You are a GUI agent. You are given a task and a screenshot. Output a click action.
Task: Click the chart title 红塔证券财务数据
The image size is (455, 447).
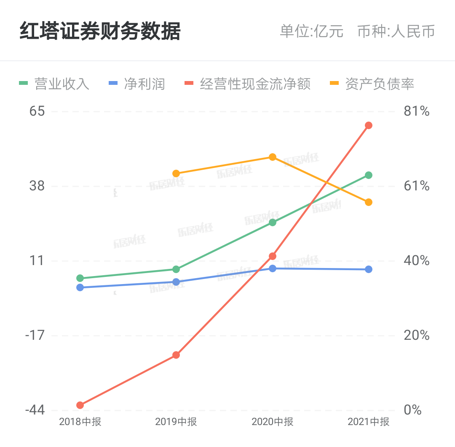[x=100, y=32]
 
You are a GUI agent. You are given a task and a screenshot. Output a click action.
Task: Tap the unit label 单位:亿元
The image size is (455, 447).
[x=312, y=32]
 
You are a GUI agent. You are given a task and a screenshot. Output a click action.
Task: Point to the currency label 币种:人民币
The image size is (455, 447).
[x=396, y=32]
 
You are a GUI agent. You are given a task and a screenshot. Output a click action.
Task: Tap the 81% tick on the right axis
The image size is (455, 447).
[x=416, y=111]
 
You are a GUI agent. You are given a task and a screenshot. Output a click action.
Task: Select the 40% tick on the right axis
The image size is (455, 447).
[x=416, y=260]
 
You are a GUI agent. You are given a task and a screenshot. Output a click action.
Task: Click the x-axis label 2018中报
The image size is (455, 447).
[x=80, y=422]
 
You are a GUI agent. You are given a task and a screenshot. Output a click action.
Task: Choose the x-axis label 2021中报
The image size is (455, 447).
[x=369, y=422]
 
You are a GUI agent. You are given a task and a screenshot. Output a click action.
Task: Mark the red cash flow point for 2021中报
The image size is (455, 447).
[x=369, y=125]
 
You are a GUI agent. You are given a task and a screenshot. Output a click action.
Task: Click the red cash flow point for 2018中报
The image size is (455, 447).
[x=80, y=405]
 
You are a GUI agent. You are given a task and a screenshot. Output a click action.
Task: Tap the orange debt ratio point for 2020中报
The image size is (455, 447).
[x=273, y=157]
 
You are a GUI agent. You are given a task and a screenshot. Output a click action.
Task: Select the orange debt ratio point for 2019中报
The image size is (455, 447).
[x=176, y=173]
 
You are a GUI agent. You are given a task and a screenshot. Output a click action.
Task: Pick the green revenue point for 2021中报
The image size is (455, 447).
[x=369, y=175]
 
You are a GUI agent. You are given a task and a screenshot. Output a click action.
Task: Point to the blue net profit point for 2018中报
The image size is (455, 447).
[x=80, y=287]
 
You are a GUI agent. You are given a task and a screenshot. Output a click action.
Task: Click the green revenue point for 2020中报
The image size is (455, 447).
[x=273, y=222]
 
